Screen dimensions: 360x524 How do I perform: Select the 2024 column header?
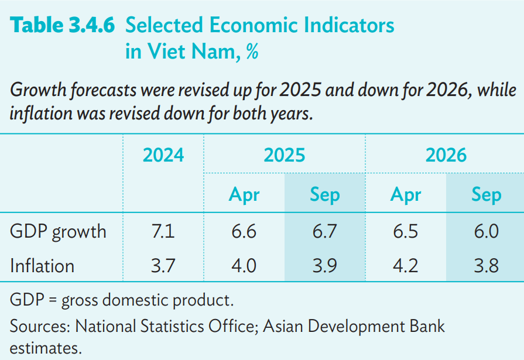[x=163, y=155]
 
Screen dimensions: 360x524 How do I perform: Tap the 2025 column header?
[x=285, y=155]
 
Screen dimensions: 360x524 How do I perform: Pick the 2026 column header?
[x=446, y=155]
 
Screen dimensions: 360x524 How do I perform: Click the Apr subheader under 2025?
[x=244, y=194]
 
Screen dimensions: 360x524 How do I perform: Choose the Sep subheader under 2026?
[x=486, y=194]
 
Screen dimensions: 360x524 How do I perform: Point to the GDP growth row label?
[x=58, y=232]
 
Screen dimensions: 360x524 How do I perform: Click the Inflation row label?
[x=42, y=266]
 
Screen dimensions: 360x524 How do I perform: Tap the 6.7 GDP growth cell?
[x=324, y=232]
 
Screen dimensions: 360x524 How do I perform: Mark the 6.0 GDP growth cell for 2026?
[x=486, y=232]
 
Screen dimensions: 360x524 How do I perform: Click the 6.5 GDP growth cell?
[x=405, y=232]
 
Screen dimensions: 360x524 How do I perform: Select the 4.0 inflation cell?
[x=244, y=266]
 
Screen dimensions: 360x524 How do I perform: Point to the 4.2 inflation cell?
[x=405, y=266]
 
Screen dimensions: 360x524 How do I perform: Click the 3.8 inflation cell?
[x=486, y=266]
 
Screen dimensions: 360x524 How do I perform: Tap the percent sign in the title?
[x=252, y=52]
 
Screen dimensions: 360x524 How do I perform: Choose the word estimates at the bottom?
[x=45, y=348]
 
